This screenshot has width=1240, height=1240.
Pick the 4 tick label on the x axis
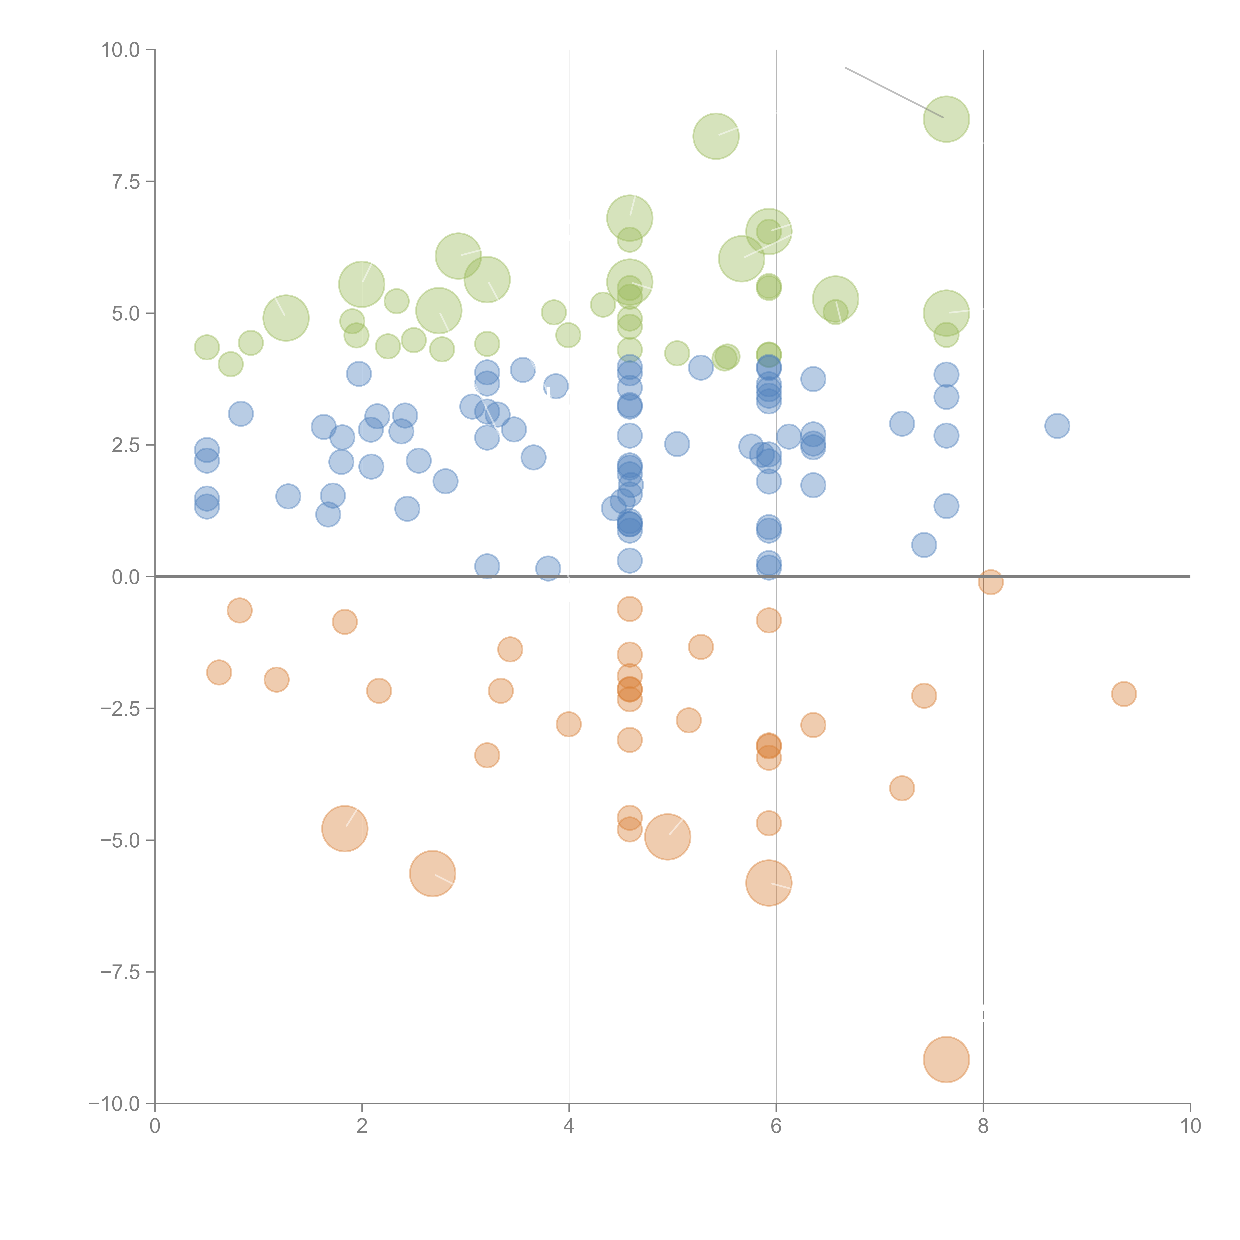click(569, 1126)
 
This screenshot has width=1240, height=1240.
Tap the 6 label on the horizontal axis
click(776, 1126)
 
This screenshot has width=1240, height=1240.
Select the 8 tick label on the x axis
click(983, 1126)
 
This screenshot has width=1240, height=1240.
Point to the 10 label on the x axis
click(1190, 1126)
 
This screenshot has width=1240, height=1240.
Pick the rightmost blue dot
click(1057, 426)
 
